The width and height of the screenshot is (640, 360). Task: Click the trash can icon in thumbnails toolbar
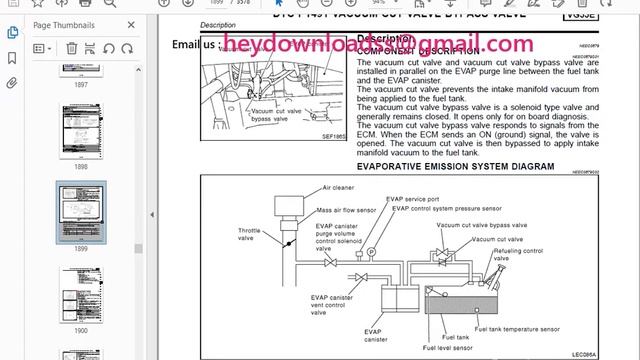coord(72,47)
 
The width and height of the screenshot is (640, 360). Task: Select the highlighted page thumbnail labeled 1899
coord(80,211)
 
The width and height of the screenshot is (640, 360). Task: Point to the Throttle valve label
coord(250,236)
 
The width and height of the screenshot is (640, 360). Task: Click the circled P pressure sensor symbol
coord(372,251)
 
